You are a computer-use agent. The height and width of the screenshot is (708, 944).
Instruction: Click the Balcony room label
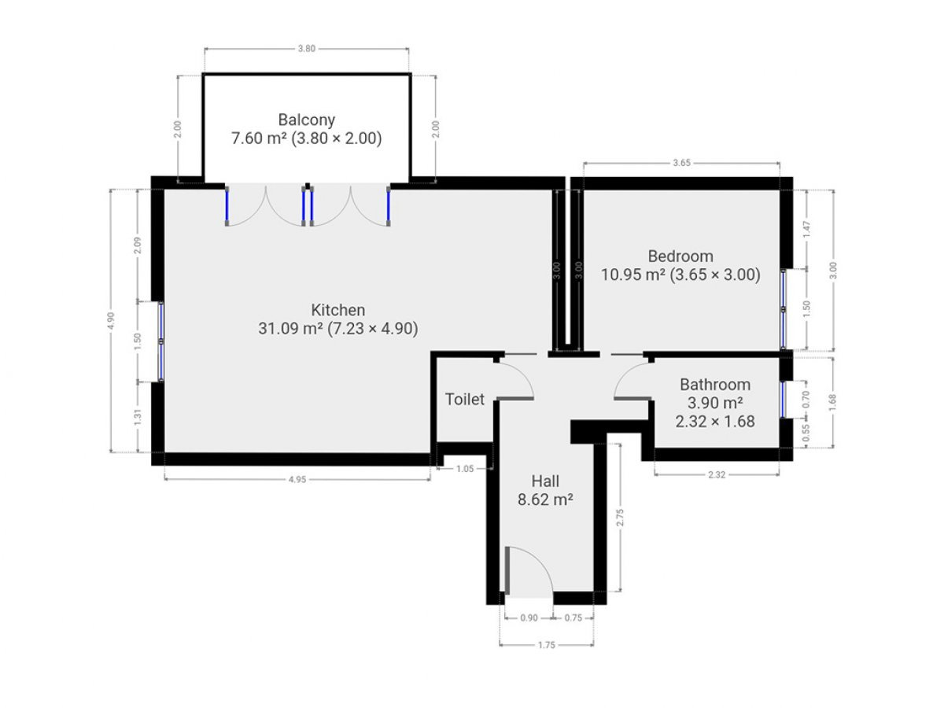[306, 120]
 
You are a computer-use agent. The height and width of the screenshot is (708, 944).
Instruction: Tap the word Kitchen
[338, 309]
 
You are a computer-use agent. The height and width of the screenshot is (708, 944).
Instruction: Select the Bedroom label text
[680, 256]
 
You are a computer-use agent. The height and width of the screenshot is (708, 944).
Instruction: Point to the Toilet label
[464, 400]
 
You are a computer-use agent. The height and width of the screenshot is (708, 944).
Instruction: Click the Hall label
[545, 481]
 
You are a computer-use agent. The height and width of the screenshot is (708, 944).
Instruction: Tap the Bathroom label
[715, 385]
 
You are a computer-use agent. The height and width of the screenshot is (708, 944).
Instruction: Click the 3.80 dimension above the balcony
[307, 49]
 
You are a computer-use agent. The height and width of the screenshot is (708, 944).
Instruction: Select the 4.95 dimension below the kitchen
[297, 479]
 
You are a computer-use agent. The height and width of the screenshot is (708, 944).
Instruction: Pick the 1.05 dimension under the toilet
[465, 469]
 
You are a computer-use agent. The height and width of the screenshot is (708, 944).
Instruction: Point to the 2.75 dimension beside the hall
[620, 518]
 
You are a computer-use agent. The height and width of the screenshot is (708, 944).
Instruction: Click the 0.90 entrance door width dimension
[529, 618]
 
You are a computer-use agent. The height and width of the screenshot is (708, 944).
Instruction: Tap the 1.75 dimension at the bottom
[547, 645]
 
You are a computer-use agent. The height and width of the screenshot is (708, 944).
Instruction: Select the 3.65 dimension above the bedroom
[682, 163]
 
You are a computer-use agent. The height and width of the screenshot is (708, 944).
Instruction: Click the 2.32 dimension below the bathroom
[717, 474]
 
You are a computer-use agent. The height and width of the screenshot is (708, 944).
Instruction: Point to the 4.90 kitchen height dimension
[111, 321]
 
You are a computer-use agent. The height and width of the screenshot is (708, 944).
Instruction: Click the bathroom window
[784, 400]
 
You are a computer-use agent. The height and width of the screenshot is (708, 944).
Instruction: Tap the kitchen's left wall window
[160, 341]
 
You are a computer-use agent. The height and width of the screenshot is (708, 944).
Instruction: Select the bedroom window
[784, 309]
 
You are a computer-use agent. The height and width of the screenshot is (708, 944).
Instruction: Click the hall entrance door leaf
[507, 570]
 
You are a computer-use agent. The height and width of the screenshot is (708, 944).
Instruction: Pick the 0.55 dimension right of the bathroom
[806, 433]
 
